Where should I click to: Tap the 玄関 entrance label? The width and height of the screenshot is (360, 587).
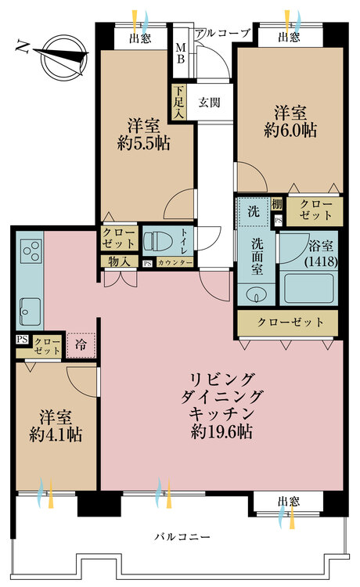tap(208, 102)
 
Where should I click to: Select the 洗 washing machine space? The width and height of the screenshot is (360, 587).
tap(254, 211)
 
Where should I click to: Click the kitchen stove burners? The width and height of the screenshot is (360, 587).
tap(30, 250)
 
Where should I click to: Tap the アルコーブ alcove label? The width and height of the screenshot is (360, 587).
tap(223, 33)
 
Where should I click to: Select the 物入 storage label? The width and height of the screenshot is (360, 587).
tap(120, 262)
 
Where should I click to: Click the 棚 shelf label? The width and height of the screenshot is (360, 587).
tap(277, 204)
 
